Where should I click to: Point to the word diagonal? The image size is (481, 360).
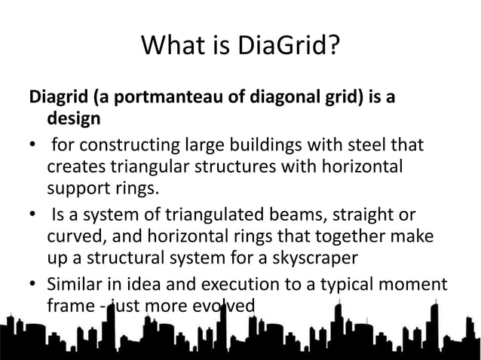point(259,98)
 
